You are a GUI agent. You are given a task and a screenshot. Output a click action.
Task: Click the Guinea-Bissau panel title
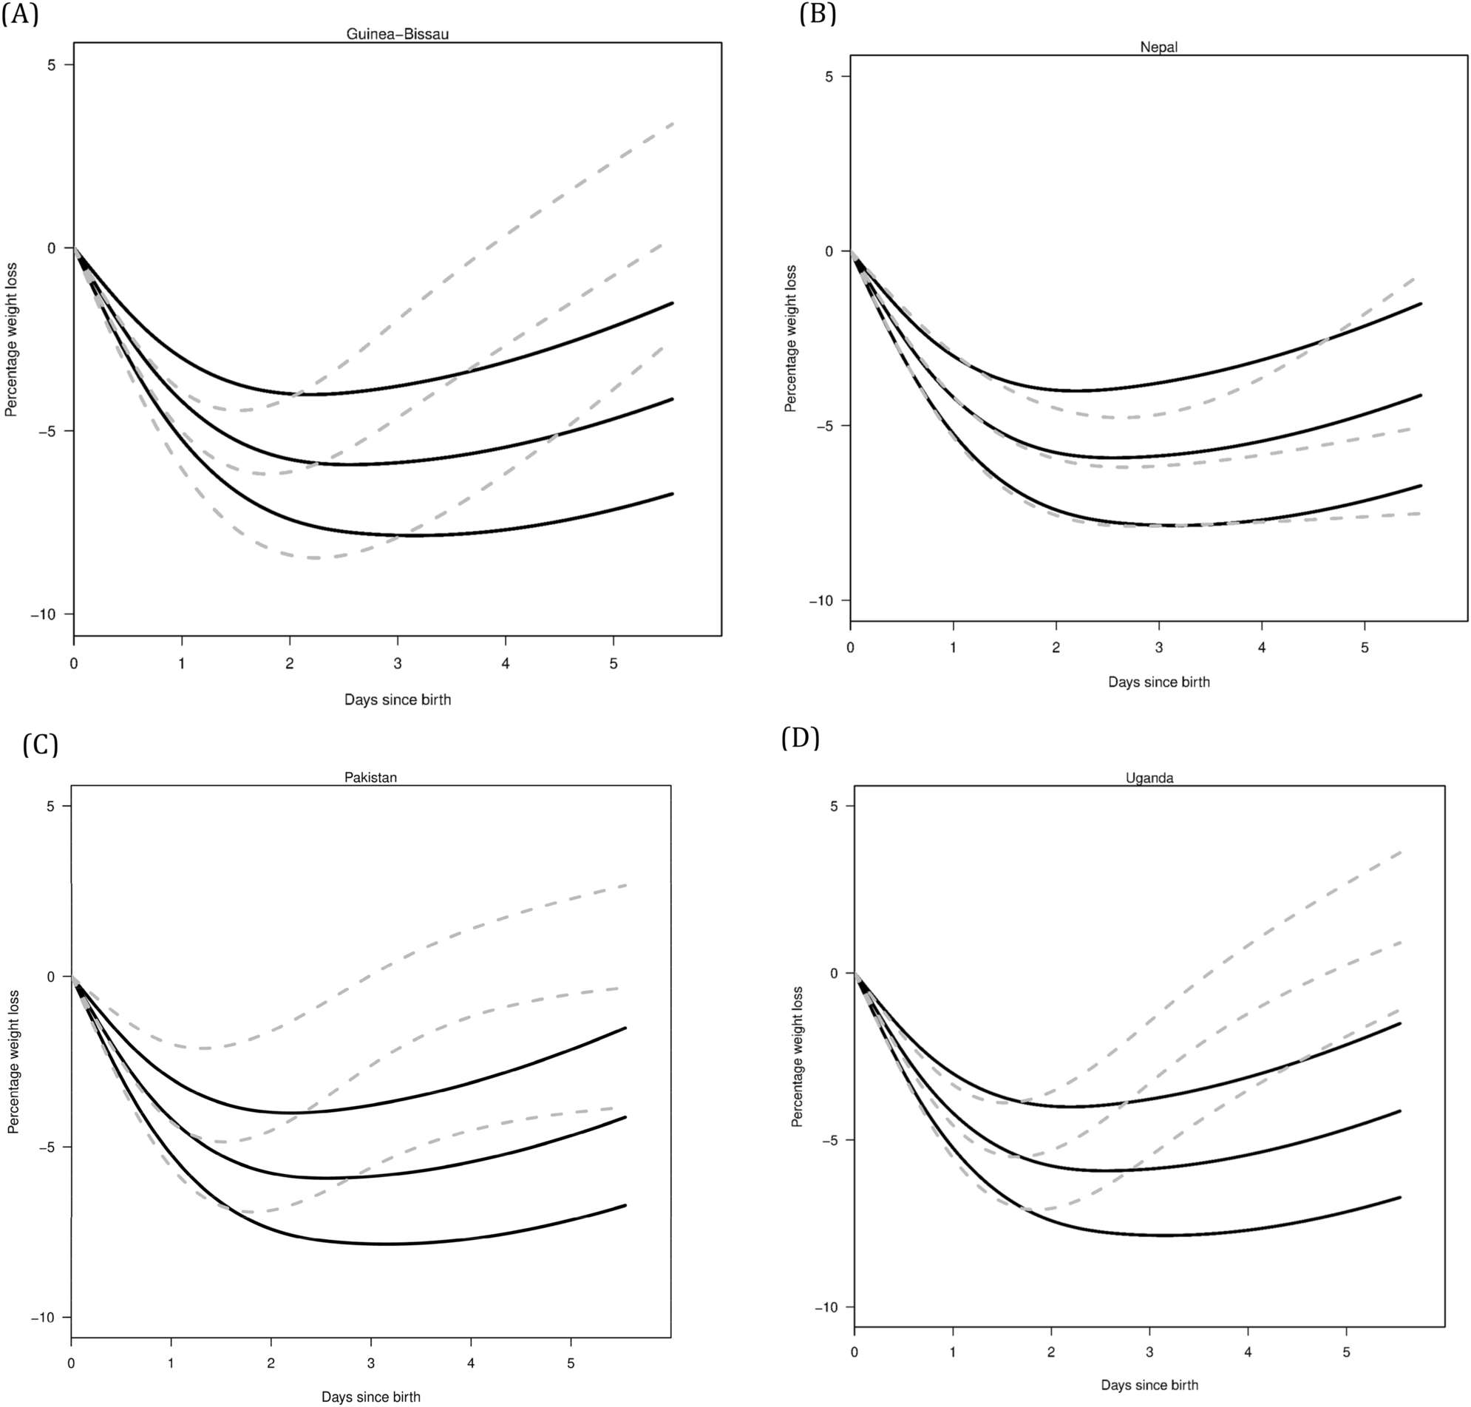coord(398,34)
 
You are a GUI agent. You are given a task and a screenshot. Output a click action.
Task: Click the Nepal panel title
coord(1158,47)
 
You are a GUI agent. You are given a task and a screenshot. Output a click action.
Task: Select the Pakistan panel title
coord(370,777)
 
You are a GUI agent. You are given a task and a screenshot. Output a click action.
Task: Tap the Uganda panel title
coord(1149,778)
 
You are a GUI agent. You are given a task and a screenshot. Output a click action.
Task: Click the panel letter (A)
coord(20,13)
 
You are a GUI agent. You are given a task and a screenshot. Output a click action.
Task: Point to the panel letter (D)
coord(800,738)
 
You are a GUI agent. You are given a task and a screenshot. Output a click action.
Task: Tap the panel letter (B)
coord(818,13)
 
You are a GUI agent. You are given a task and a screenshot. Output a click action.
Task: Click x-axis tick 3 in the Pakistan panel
coord(370,1363)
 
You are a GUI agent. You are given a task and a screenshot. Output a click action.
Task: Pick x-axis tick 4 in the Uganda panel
coord(1248,1353)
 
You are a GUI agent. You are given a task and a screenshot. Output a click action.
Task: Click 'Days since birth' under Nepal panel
coord(1158,682)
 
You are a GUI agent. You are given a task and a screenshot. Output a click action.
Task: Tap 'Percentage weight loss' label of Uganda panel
coord(797,1057)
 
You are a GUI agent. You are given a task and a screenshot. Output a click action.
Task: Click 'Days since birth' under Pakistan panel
coord(370,1397)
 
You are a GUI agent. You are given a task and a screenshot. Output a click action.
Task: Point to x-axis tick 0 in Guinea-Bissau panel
coord(73,664)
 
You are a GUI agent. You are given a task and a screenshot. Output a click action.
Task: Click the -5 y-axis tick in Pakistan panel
coord(51,1147)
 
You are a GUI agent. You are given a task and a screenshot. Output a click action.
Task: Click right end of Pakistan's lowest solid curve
coord(625,1205)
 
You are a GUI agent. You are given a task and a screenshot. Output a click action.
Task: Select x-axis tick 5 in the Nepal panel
coord(1365,647)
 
